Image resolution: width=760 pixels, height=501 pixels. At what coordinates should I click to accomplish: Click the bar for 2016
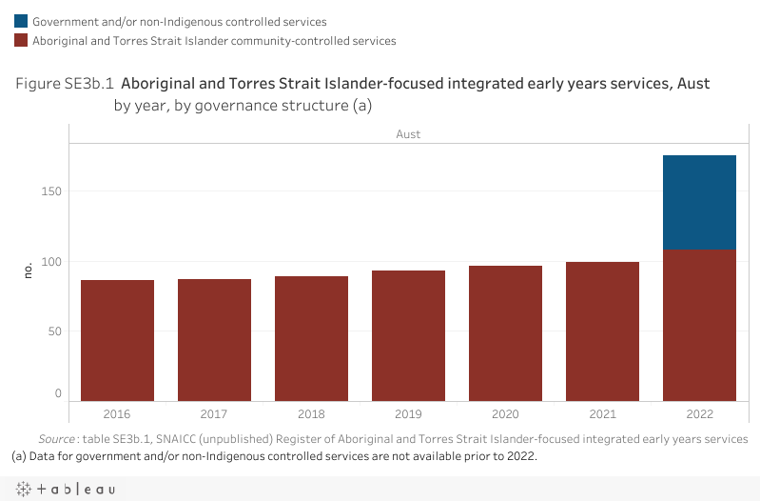click(x=117, y=340)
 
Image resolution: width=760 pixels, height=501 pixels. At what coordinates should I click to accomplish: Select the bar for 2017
click(x=214, y=339)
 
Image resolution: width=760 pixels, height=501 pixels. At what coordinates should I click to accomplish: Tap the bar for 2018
click(x=311, y=338)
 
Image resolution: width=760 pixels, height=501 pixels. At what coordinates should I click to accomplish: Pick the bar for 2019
click(x=408, y=335)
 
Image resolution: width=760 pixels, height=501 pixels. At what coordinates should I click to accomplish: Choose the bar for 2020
click(x=505, y=333)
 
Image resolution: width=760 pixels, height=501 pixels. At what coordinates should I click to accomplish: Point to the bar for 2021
click(x=602, y=331)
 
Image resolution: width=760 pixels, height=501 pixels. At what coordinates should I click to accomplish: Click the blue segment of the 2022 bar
click(x=699, y=202)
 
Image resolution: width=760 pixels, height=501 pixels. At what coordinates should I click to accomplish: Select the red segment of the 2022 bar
click(x=699, y=325)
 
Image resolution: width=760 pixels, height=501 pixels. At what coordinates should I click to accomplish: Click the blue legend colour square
click(x=20, y=21)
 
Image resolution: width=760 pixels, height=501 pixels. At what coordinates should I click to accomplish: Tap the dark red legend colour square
click(x=20, y=41)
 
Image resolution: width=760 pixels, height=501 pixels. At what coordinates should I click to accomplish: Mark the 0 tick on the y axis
click(x=57, y=393)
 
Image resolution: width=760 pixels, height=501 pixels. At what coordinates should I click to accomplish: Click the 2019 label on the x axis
click(x=408, y=414)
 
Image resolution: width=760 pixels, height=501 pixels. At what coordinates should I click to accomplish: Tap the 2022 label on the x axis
click(x=699, y=414)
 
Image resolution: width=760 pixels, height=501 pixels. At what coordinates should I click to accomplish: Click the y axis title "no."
click(x=28, y=271)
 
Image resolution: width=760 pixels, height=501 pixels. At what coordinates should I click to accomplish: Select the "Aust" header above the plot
click(x=408, y=134)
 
